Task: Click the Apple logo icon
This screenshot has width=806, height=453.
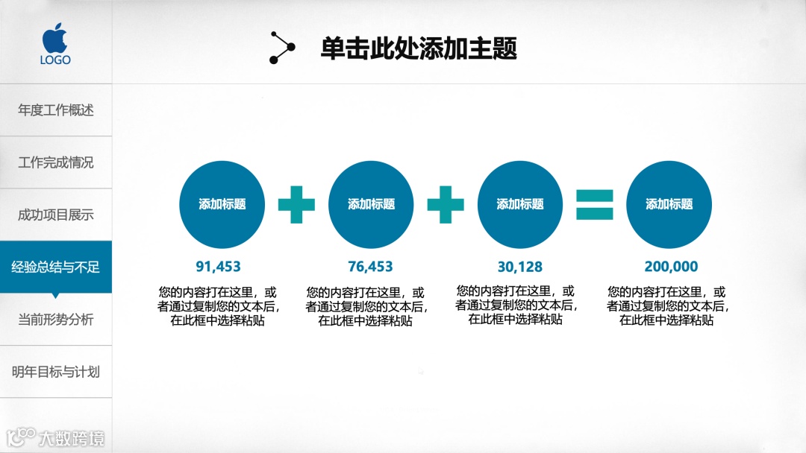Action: [x=55, y=37]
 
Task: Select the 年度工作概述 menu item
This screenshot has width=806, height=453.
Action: [x=56, y=110]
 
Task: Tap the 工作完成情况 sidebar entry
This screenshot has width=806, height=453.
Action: [x=56, y=162]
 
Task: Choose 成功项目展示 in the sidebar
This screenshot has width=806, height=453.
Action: [x=56, y=215]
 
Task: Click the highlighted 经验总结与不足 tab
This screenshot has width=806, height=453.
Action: [x=56, y=267]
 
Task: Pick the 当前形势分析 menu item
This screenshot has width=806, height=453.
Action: [x=56, y=320]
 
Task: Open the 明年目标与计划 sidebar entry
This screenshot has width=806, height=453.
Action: [x=56, y=372]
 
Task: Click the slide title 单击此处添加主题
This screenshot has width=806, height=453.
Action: [x=419, y=49]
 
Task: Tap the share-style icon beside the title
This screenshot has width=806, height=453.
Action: [x=282, y=48]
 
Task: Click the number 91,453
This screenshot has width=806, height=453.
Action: [x=219, y=267]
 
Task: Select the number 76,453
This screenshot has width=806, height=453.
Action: [x=370, y=267]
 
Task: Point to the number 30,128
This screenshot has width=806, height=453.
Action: [x=520, y=267]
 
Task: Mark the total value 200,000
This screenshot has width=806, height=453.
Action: [x=671, y=267]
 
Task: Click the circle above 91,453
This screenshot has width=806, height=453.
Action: [x=222, y=204]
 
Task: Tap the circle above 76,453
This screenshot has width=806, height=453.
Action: [x=371, y=204]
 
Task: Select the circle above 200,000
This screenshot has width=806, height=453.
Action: [x=669, y=204]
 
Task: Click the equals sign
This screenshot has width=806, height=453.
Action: [x=595, y=205]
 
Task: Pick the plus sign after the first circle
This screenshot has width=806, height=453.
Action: [x=296, y=205]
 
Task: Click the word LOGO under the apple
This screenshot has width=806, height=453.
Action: [x=55, y=60]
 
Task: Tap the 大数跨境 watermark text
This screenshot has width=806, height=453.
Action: [x=72, y=438]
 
